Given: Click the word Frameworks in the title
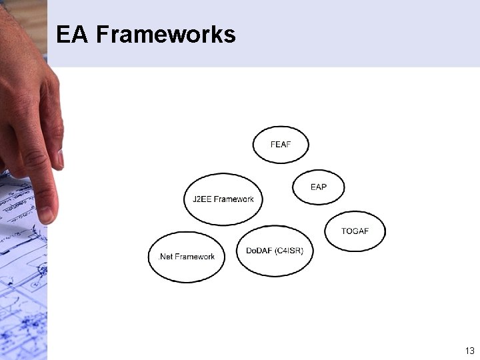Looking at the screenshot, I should (165, 34).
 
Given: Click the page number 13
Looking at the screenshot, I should (469, 351).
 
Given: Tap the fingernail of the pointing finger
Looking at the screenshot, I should (46, 213).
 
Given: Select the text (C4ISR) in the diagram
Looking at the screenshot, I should (288, 251).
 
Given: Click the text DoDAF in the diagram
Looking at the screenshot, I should (259, 251).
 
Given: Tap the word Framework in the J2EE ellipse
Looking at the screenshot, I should (233, 199).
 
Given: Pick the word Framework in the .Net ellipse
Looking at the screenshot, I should (195, 257).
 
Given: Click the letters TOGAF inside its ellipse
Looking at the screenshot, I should (355, 231).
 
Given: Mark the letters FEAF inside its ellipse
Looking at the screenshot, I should (281, 145).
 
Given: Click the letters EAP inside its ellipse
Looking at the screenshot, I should (319, 187).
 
